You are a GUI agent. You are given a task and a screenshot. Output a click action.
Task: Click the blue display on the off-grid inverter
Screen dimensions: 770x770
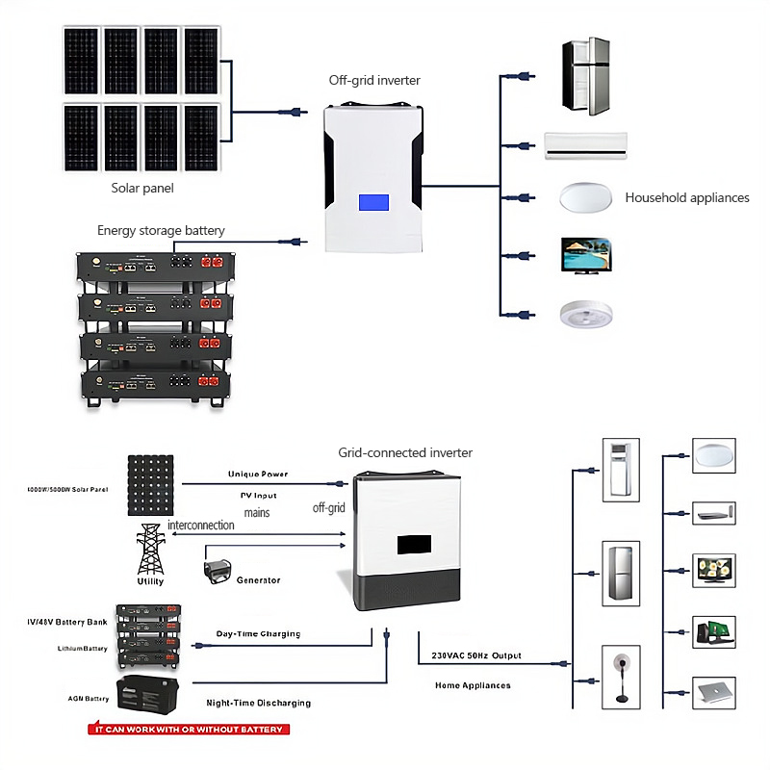pyautogui.click(x=373, y=204)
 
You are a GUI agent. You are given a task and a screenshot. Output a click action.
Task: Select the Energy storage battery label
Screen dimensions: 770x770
pyautogui.click(x=161, y=230)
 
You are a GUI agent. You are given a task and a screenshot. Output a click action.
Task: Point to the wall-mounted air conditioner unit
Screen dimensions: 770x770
pyautogui.click(x=586, y=144)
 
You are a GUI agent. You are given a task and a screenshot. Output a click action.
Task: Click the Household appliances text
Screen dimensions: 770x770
pyautogui.click(x=687, y=197)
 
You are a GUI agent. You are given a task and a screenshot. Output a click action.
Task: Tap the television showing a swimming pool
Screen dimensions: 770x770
pyautogui.click(x=585, y=256)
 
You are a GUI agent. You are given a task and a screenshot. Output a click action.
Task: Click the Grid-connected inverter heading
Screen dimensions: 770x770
pyautogui.click(x=405, y=452)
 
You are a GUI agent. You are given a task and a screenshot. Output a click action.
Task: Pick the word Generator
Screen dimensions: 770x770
pyautogui.click(x=258, y=580)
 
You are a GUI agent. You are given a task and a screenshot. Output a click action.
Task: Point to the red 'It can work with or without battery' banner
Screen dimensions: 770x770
pyautogui.click(x=189, y=730)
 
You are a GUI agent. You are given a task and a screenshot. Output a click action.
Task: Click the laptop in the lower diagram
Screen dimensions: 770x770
pyautogui.click(x=714, y=692)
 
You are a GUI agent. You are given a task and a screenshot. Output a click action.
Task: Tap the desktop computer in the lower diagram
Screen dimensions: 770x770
pyautogui.click(x=714, y=630)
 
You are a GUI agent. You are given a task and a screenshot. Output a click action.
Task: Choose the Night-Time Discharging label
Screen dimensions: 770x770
pyautogui.click(x=259, y=703)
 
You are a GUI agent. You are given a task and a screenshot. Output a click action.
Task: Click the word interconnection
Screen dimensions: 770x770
pyautogui.click(x=201, y=526)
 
